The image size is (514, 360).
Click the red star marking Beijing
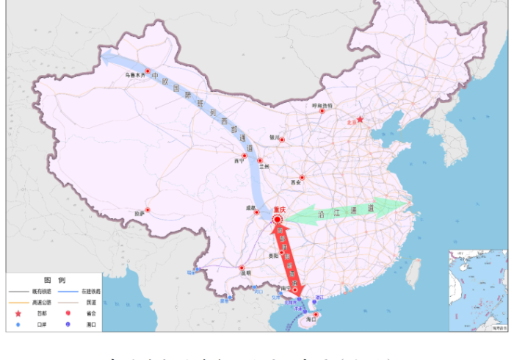pyautogui.click(x=361, y=119)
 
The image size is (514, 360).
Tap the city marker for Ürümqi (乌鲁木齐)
pyautogui.click(x=148, y=71)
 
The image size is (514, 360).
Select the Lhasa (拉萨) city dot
pyautogui.click(x=148, y=210)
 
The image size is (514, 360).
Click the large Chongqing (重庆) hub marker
pyautogui.click(x=278, y=217)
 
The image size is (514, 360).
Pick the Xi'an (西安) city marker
pyautogui.click(x=301, y=177)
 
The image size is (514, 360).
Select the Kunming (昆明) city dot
pyautogui.click(x=241, y=268)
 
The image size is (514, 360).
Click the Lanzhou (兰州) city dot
pyautogui.click(x=259, y=160)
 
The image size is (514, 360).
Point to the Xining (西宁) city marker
pyautogui.click(x=245, y=156)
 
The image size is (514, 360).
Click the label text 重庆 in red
pyautogui.click(x=279, y=209)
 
